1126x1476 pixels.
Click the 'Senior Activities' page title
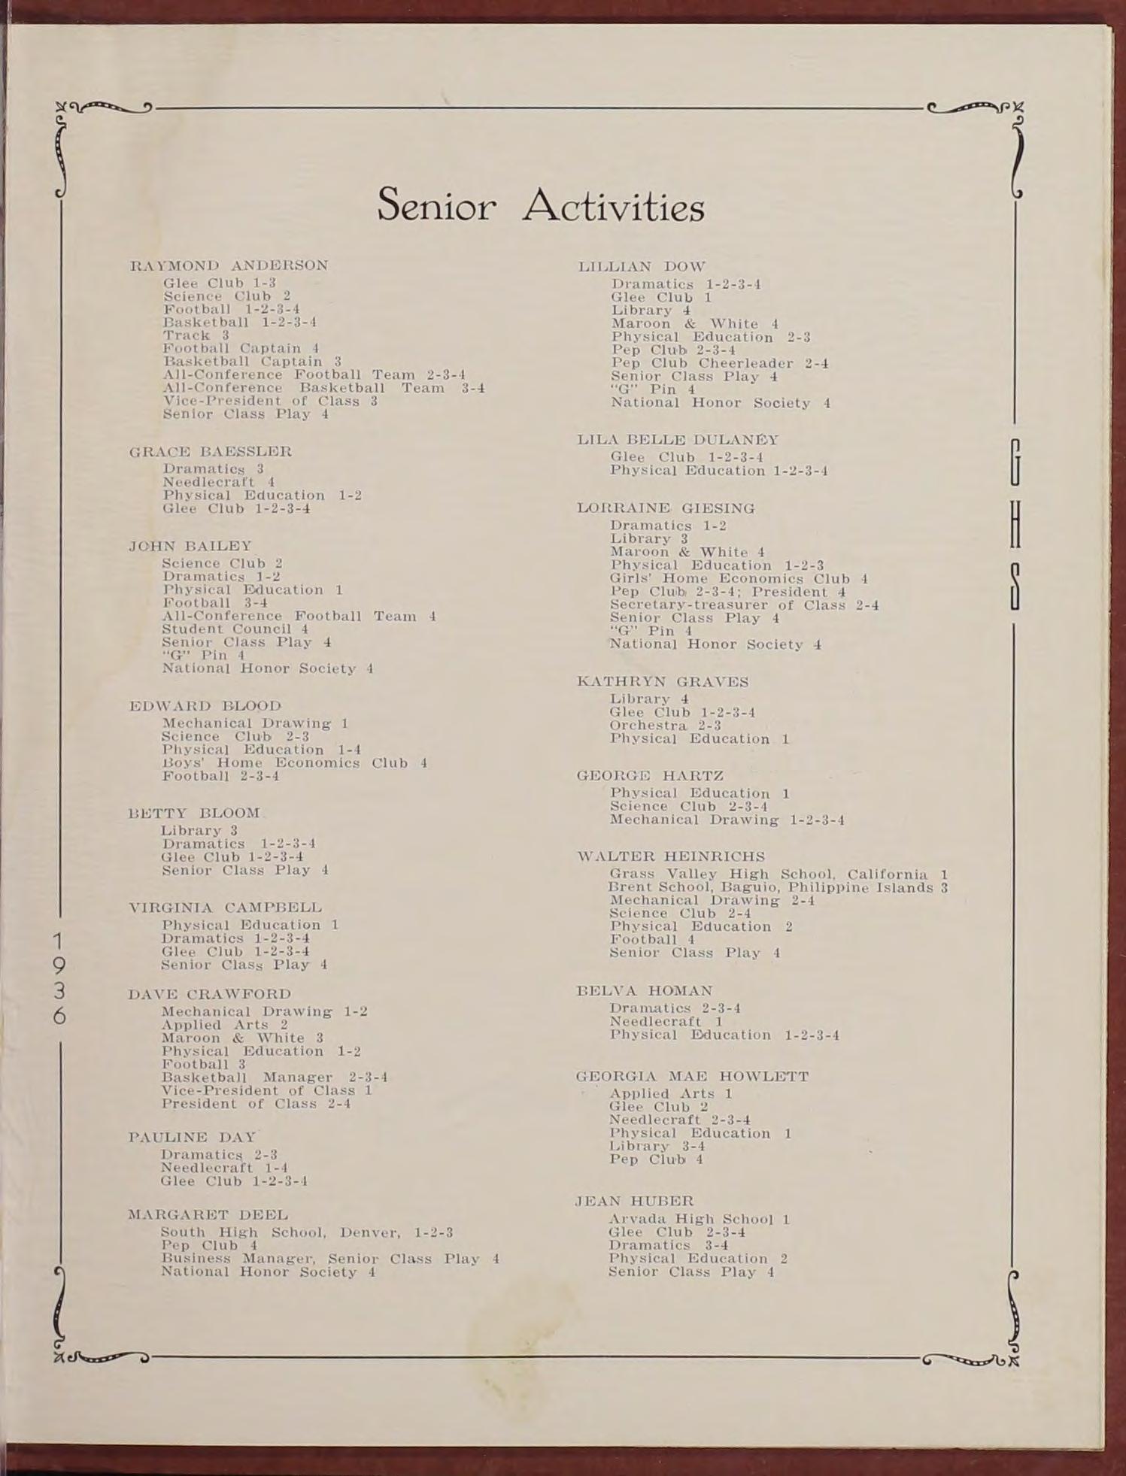pos(540,206)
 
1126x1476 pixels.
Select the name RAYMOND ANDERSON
pos(229,265)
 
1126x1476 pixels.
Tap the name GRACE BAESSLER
pos(211,452)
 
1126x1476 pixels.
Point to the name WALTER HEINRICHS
pos(671,856)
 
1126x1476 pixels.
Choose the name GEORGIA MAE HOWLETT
pos(692,1077)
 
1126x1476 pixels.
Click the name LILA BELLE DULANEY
pos(678,439)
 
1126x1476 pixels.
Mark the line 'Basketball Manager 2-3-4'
pos(275,1077)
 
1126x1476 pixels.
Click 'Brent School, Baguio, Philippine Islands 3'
pos(778,887)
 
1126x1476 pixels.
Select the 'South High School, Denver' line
pos(306,1232)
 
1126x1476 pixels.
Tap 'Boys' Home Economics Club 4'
pos(294,762)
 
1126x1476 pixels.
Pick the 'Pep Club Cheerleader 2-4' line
pos(719,363)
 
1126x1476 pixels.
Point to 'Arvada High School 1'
pos(699,1219)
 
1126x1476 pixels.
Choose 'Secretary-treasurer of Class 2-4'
pos(744,605)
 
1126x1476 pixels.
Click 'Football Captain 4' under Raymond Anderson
pos(241,348)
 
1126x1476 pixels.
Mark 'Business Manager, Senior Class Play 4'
pos(330,1259)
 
